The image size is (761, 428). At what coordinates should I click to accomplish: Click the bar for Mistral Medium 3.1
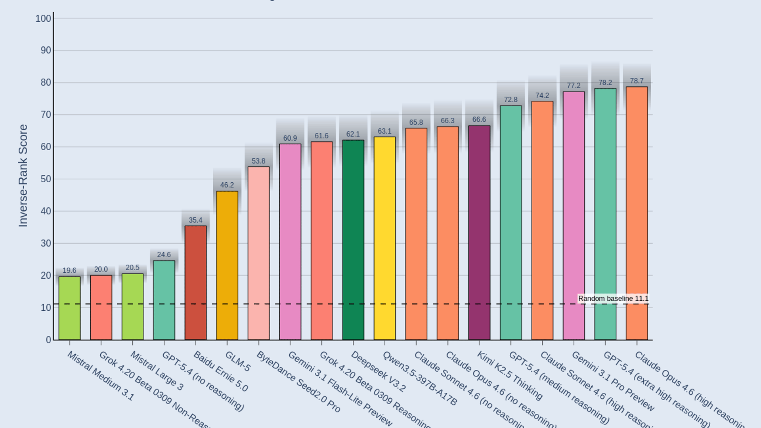pos(69,308)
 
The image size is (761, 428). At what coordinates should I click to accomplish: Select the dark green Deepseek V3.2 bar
pos(353,240)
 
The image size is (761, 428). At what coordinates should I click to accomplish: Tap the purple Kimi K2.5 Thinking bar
pos(479,233)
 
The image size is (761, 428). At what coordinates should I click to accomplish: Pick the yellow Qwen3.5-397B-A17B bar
pos(384,238)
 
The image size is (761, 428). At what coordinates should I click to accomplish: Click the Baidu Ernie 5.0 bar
pos(195,283)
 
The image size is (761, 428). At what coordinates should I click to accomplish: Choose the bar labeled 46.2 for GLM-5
pos(227,266)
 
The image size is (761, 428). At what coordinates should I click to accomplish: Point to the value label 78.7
pos(637,81)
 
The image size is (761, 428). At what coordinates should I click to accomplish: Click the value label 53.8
pos(258,161)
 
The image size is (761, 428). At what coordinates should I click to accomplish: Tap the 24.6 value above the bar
pos(164,255)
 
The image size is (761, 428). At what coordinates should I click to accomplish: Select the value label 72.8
pos(511,100)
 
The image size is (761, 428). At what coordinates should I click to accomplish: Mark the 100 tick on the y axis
pos(43,19)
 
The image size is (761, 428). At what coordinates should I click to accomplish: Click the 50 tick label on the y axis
pos(46,179)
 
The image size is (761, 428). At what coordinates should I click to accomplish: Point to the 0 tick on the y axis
pos(48,340)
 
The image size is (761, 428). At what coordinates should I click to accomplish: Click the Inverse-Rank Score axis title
pos(23,176)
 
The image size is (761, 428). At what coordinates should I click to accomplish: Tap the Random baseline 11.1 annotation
pos(613,299)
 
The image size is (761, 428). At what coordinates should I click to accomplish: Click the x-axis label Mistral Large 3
pos(157,371)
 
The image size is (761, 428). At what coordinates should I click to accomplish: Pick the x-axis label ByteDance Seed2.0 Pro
pos(298,382)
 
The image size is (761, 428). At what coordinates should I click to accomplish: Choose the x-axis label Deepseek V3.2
pos(379,372)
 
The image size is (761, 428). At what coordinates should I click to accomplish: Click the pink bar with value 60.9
pos(290,242)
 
